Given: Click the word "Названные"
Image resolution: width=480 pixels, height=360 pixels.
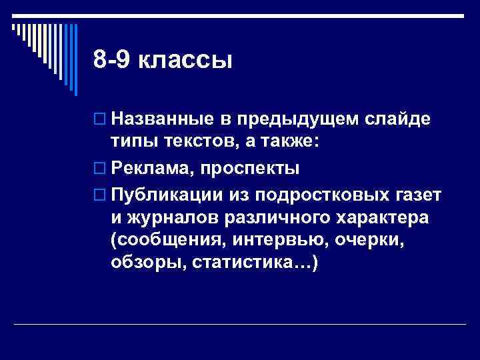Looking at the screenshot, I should click(159, 119).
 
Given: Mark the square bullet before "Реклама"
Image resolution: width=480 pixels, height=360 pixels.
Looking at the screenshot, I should click(100, 168).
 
